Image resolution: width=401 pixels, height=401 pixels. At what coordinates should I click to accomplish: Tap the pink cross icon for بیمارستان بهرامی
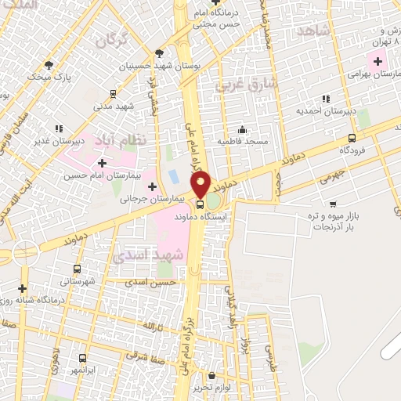[x=378, y=60]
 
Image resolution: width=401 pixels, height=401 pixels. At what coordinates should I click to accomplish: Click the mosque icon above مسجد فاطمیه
[x=243, y=130]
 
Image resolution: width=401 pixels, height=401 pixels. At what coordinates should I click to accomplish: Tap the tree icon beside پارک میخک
[x=49, y=65]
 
